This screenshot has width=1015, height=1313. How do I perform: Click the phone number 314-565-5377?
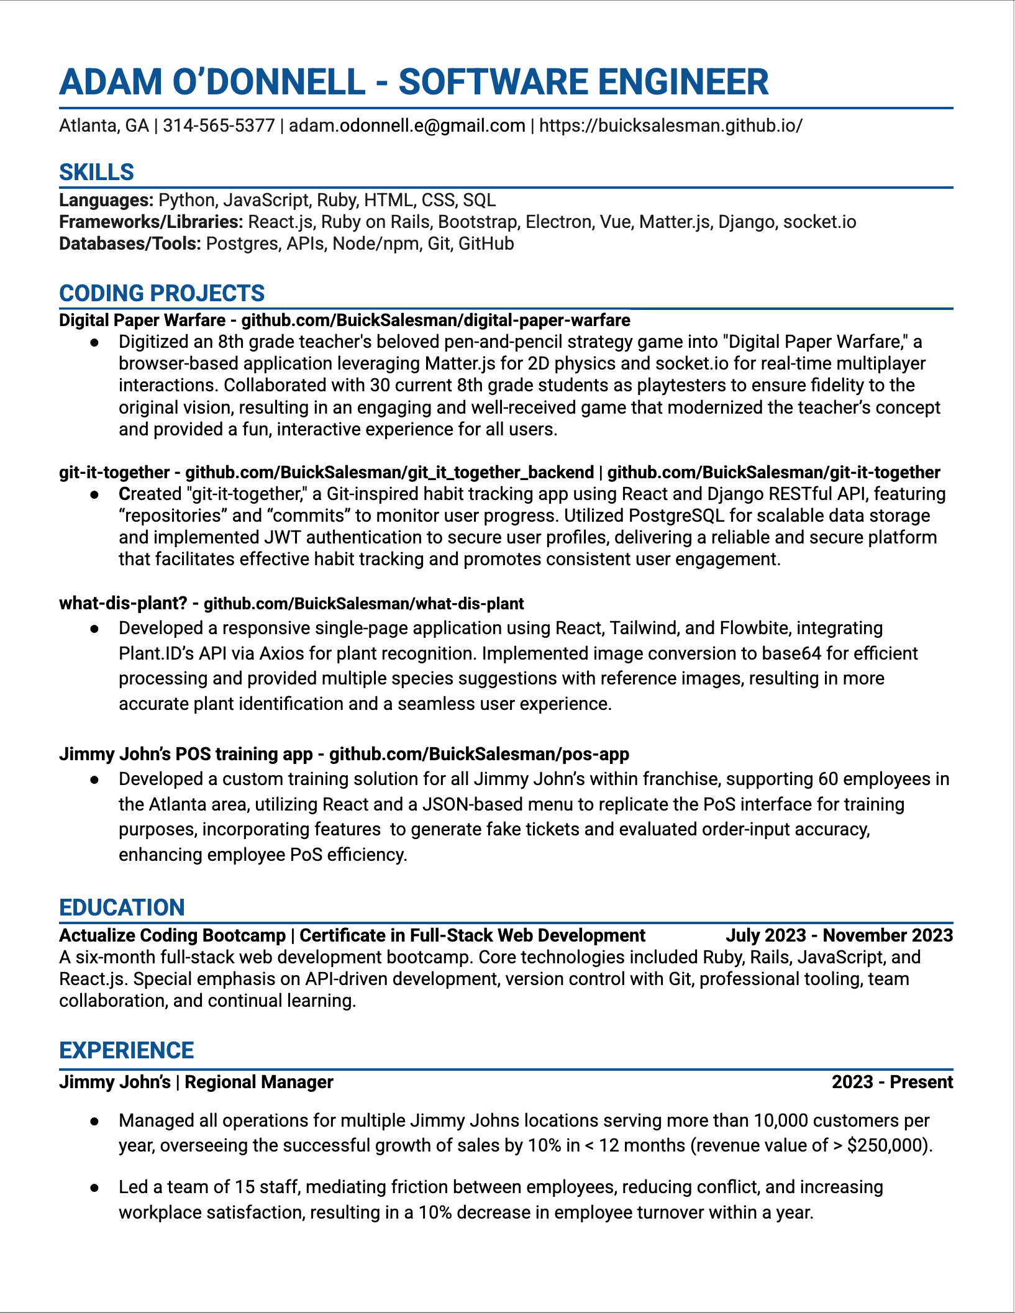[219, 126]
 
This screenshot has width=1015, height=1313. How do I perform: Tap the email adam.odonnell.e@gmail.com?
[407, 126]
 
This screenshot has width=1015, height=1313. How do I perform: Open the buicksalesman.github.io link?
[670, 126]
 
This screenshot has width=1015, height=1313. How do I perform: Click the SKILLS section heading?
[96, 172]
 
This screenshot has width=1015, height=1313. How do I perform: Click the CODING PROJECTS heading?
[162, 293]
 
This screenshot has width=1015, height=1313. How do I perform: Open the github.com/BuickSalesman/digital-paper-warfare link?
[435, 320]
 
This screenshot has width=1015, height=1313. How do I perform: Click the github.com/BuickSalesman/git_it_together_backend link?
[389, 473]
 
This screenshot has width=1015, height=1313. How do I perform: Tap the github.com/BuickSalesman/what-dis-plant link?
[363, 604]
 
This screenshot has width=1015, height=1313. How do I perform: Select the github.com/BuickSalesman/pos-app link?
[478, 754]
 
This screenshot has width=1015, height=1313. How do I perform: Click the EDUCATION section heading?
[122, 907]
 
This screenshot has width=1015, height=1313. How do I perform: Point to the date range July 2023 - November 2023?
[839, 935]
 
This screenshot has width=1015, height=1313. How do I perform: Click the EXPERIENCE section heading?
[126, 1050]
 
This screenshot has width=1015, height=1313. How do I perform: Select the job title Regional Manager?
[259, 1082]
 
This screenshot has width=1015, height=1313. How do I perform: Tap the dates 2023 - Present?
[892, 1082]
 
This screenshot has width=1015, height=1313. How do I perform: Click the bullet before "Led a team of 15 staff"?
[94, 1188]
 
